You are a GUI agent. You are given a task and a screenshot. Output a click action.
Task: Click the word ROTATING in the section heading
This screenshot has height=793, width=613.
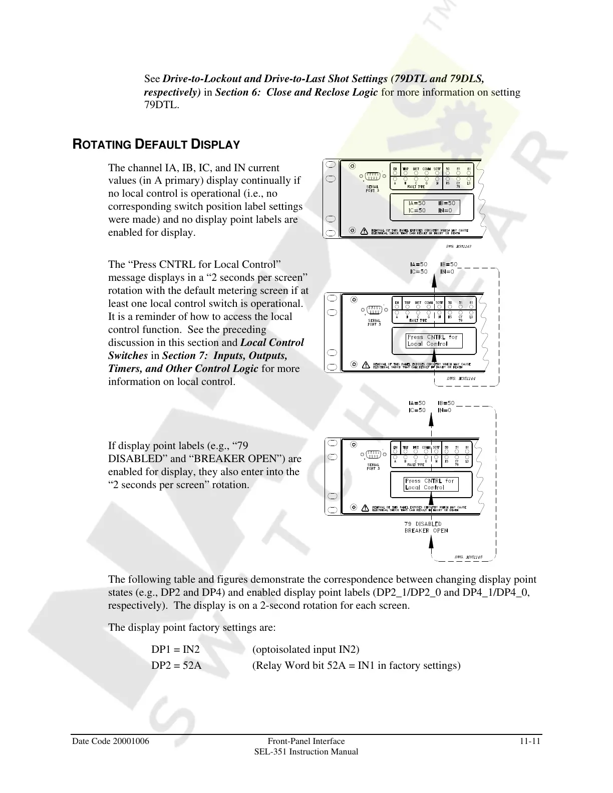point(103,145)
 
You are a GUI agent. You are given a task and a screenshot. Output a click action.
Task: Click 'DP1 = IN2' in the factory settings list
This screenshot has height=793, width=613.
point(175,650)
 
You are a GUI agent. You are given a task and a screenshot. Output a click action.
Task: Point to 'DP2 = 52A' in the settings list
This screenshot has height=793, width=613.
point(176,665)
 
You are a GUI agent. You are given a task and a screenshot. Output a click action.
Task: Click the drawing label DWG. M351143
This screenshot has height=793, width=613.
point(458,246)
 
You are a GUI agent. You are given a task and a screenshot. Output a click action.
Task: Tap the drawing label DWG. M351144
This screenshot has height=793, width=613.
point(461,379)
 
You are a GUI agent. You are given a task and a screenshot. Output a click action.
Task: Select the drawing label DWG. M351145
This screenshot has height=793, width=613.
point(468,557)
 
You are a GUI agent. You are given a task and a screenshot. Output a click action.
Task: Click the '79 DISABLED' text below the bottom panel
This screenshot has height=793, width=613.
point(423,524)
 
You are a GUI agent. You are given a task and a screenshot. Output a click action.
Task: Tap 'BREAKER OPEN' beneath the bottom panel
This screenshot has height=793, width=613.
point(426,531)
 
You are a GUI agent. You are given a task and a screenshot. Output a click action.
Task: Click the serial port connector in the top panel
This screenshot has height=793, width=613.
point(372,176)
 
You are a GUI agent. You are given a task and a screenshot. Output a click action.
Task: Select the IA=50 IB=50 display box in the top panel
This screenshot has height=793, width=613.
point(431,207)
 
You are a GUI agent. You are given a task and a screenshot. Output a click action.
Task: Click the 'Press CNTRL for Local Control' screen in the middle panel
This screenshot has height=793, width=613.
point(434,340)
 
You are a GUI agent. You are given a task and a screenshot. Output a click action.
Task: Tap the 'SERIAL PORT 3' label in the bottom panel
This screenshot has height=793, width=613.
point(373,467)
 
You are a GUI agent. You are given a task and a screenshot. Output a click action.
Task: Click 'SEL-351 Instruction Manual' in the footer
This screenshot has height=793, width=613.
point(306,752)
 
